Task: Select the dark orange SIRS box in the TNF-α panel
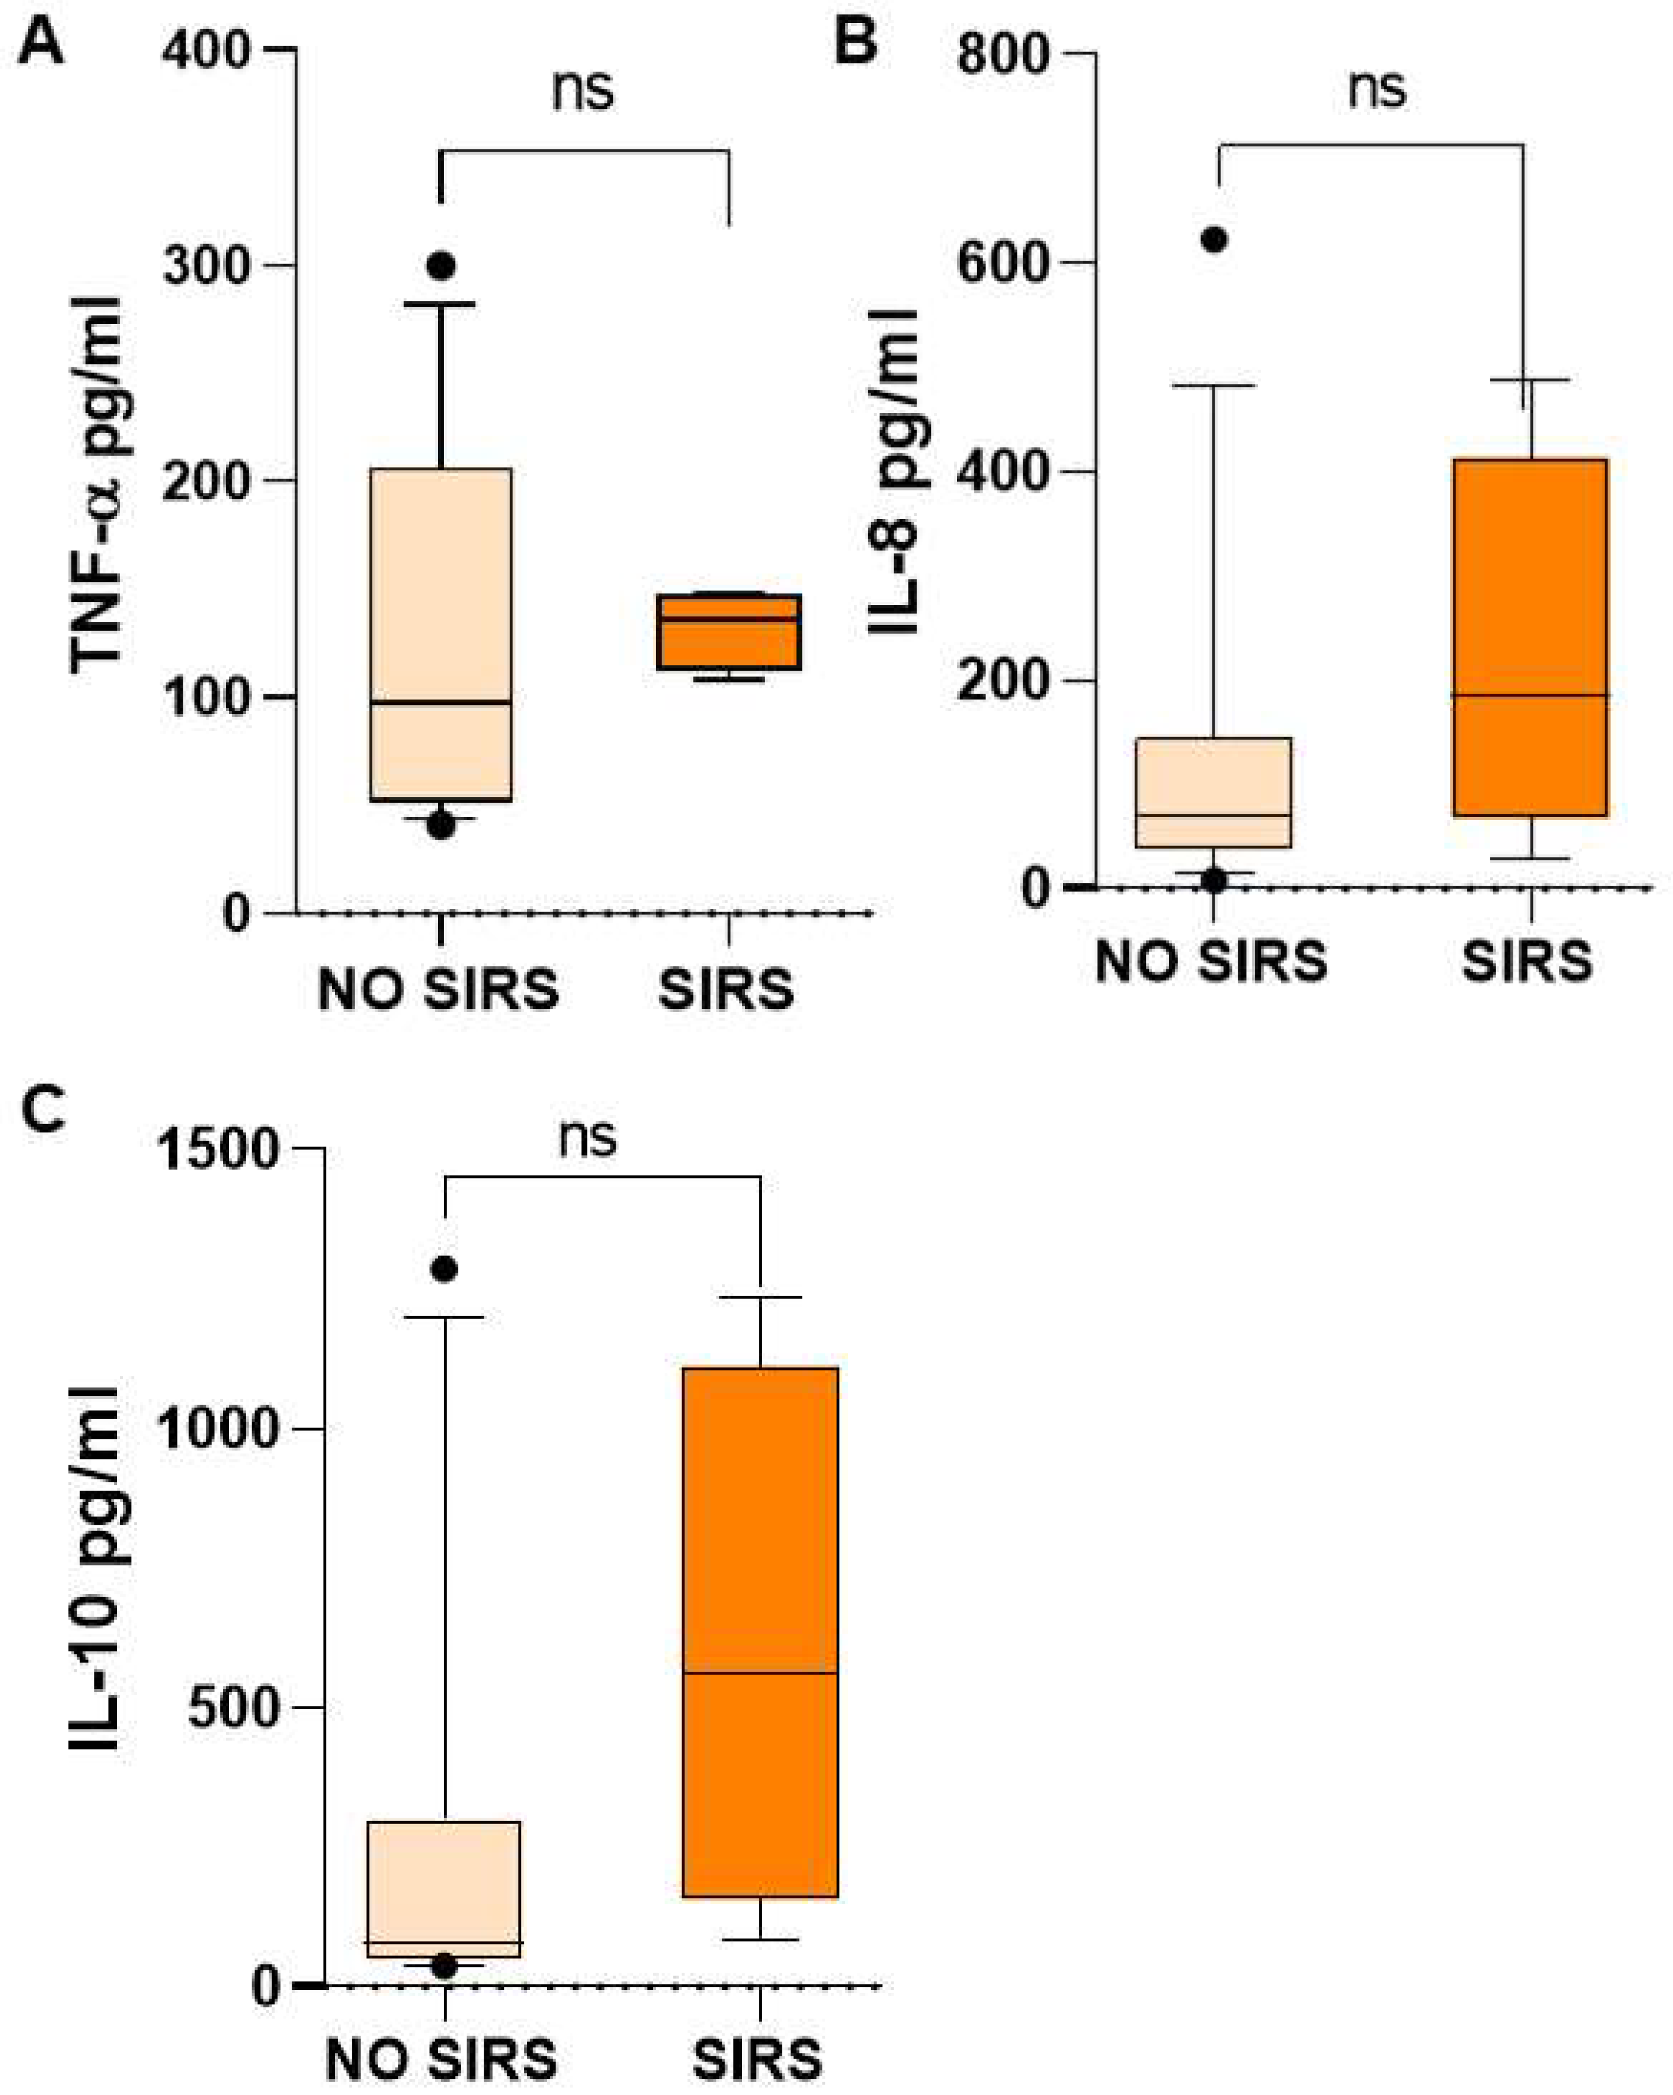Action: click(729, 631)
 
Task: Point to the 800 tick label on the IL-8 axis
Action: click(1004, 54)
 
